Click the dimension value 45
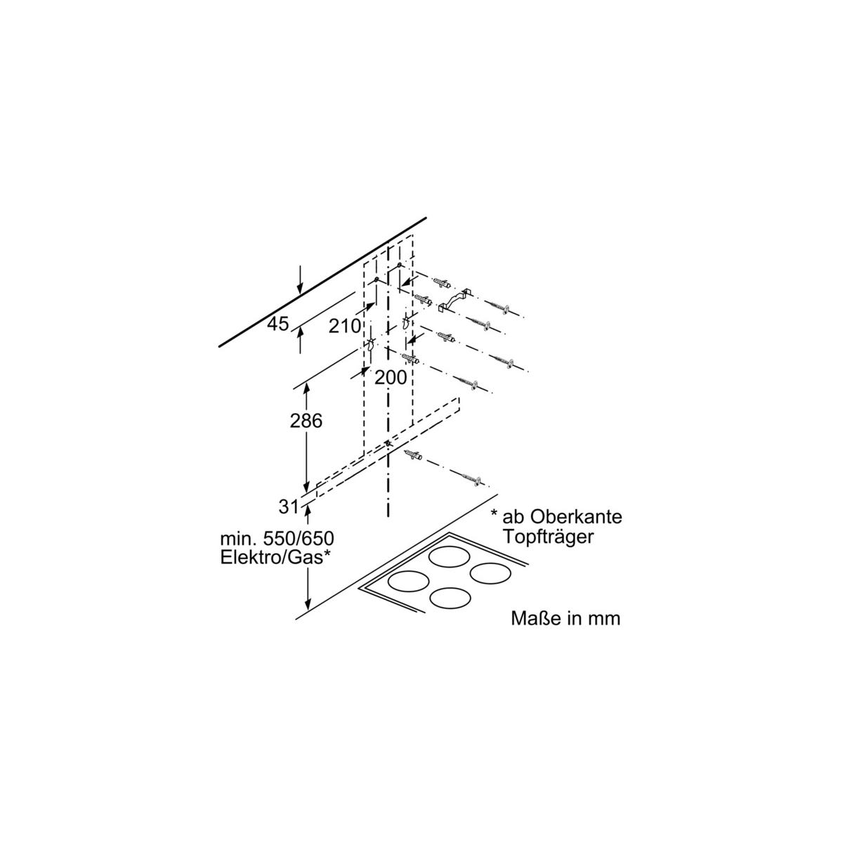click(x=278, y=324)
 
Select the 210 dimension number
click(x=345, y=326)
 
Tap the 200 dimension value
click(x=391, y=377)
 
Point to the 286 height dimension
click(x=306, y=420)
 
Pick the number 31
click(x=288, y=507)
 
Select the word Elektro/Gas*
click(x=275, y=558)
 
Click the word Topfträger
click(x=548, y=537)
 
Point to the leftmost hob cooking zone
click(x=407, y=582)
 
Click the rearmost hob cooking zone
click(x=450, y=557)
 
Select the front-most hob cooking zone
click(x=450, y=598)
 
